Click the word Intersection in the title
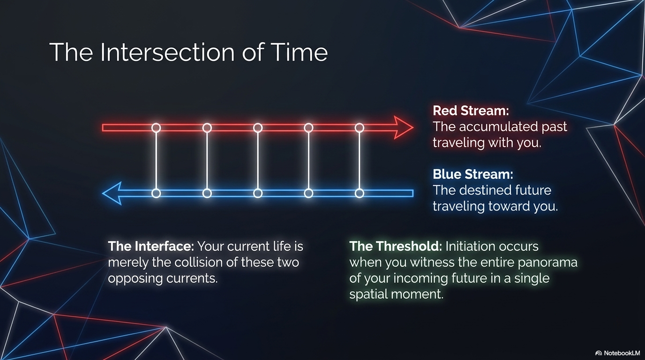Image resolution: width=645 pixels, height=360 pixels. [167, 52]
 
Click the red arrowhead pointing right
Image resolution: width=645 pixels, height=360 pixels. [404, 127]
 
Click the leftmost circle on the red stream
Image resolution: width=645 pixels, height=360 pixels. [156, 127]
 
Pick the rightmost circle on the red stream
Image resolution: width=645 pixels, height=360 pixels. [360, 127]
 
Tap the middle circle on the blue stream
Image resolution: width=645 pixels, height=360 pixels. [258, 193]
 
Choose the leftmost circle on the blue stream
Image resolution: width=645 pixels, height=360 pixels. [156, 193]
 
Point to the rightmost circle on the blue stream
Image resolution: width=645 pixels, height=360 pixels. [360, 193]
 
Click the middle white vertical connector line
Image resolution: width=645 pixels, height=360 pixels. [258, 160]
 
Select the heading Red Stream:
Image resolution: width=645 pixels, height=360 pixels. [471, 111]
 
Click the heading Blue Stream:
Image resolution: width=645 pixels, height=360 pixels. [473, 174]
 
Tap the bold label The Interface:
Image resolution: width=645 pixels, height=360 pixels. [151, 246]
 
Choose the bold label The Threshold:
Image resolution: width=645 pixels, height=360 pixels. [396, 246]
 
